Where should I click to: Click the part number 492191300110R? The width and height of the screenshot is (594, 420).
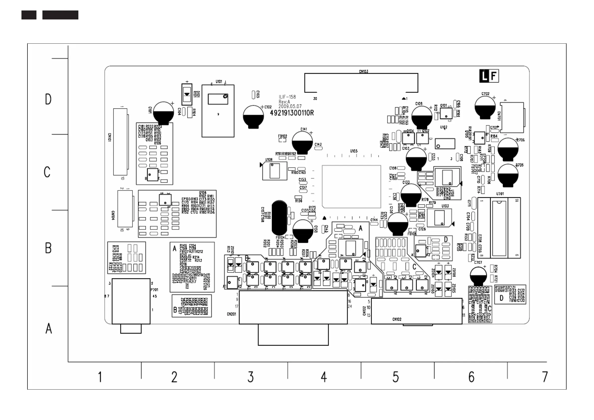[292, 113]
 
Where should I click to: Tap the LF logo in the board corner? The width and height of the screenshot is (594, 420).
[489, 76]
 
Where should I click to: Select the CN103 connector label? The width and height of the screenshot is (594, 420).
[363, 71]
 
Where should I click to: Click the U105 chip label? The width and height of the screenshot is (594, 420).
[354, 151]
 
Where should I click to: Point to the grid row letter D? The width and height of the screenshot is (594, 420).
[48, 99]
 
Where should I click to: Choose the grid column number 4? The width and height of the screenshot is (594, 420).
[324, 377]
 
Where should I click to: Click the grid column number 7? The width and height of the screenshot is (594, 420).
[545, 377]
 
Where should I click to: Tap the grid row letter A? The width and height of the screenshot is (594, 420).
[49, 328]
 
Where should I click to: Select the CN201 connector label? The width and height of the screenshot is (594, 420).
[231, 314]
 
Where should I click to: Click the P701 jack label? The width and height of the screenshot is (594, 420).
[154, 290]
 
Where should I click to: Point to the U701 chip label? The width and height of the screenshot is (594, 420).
[500, 194]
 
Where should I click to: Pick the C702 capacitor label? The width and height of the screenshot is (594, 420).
[485, 94]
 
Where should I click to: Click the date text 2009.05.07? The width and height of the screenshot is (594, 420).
[290, 106]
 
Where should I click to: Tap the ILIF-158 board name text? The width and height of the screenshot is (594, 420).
[287, 97]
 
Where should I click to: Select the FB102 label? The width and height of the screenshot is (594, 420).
[282, 136]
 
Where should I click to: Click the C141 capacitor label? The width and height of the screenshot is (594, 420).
[304, 129]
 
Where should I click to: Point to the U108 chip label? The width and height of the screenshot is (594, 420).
[269, 160]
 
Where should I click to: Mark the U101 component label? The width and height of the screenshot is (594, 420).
[219, 82]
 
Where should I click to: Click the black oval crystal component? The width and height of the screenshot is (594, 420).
[279, 218]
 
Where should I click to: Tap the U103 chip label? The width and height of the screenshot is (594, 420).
[445, 206]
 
